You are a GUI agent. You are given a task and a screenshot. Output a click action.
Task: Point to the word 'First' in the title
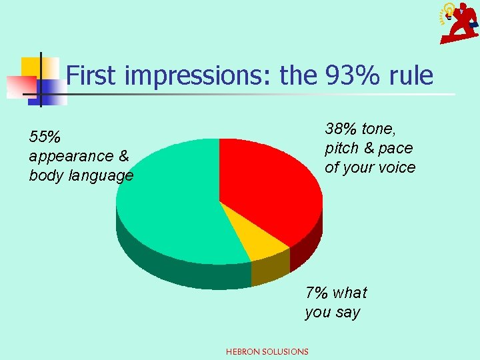[93, 76]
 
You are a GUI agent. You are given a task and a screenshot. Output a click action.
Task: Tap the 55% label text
[45, 137]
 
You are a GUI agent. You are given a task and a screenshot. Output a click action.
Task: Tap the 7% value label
[316, 293]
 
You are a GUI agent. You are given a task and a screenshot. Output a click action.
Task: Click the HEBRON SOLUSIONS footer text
[267, 351]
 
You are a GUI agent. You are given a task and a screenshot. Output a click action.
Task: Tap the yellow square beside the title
[31, 67]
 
